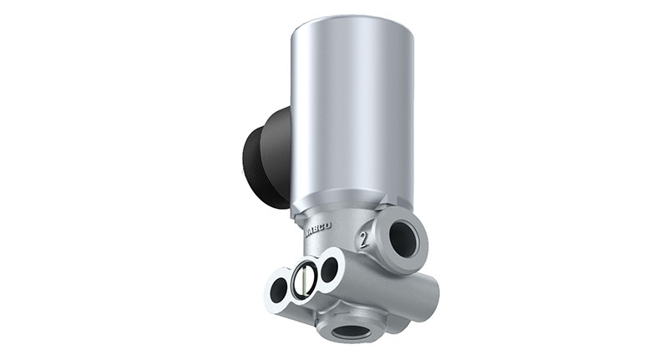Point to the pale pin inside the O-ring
304,280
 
